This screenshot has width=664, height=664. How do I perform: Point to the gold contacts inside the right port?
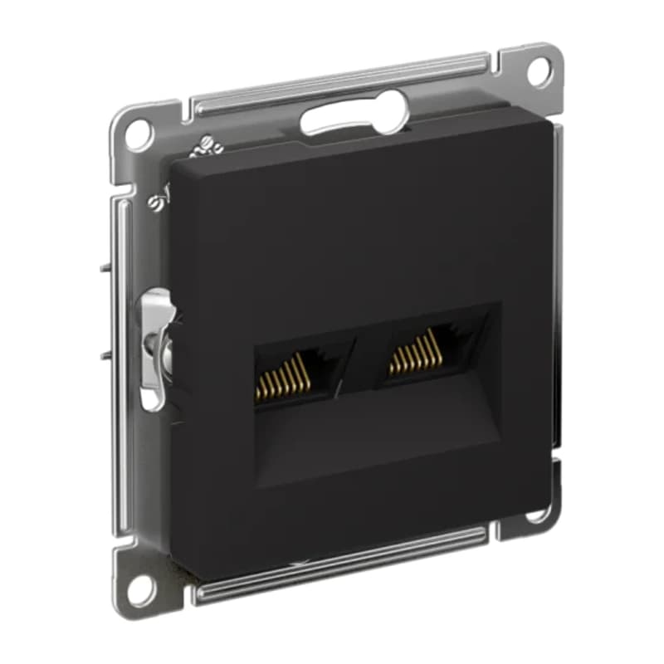pyautogui.click(x=413, y=353)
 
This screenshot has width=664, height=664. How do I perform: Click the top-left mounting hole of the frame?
pyautogui.click(x=139, y=133)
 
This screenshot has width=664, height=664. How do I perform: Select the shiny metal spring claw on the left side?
pyautogui.click(x=155, y=344)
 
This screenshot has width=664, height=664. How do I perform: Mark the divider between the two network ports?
pyautogui.click(x=359, y=357)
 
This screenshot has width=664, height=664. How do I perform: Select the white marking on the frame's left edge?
pyautogui.click(x=156, y=202)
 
